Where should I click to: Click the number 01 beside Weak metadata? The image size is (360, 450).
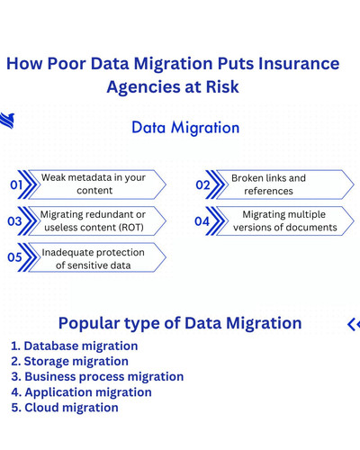coord(16,184)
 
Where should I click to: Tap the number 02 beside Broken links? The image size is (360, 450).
coord(202,184)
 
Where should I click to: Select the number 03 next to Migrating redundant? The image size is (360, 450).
coord(14,221)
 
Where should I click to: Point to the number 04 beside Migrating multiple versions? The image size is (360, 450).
coord(202,221)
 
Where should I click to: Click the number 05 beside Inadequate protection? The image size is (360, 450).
coord(14,257)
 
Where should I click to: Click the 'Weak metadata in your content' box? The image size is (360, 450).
coord(94,184)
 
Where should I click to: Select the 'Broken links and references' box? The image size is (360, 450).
coord(269,184)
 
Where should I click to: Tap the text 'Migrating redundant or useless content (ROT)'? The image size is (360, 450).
coord(93,221)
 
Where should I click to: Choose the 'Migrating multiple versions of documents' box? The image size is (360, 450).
coord(284,221)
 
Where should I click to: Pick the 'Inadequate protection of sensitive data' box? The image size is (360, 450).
coord(94,258)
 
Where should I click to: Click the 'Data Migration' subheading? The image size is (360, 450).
coord(185,128)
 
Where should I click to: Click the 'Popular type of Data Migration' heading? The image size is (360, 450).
coord(180,323)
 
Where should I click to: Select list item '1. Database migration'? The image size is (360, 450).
coord(74,346)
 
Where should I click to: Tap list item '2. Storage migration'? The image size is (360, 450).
coord(69,361)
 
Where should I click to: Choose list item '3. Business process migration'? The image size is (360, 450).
coord(97,376)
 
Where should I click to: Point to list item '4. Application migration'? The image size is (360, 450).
coord(81,391)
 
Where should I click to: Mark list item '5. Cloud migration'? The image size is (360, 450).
coord(65,408)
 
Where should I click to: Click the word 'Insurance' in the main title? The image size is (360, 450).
coord(296,64)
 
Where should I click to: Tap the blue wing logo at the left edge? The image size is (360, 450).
coord(7,121)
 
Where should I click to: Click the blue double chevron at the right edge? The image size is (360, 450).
coord(354,324)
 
